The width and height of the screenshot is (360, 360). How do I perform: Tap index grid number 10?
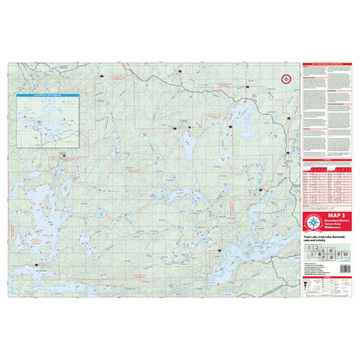pyautogui.click(x=345, y=253)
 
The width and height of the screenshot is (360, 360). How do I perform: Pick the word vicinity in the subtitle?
pyautogui.click(x=320, y=240)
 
